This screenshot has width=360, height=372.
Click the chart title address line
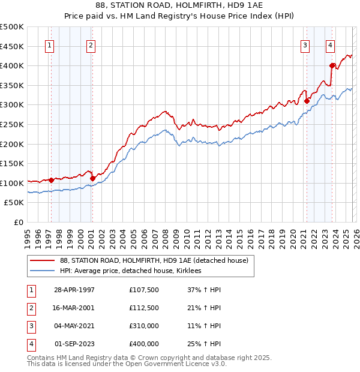pyautogui.click(x=180, y=5)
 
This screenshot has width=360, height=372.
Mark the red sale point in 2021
pyautogui.click(x=307, y=101)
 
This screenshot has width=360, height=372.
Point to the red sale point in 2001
pyautogui.click(x=92, y=178)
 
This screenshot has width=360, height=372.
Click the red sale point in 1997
pyautogui.click(x=52, y=180)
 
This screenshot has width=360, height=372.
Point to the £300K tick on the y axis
pyautogui.click(x=12, y=105)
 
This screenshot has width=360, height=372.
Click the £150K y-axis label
pyautogui.click(x=12, y=163)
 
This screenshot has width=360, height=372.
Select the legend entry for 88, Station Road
pyautogui.click(x=158, y=260)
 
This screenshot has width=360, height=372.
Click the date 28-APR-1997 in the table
pyautogui.click(x=74, y=290)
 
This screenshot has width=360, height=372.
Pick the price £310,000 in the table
pyautogui.click(x=144, y=327)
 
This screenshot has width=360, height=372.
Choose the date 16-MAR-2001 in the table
pyautogui.click(x=74, y=308)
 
